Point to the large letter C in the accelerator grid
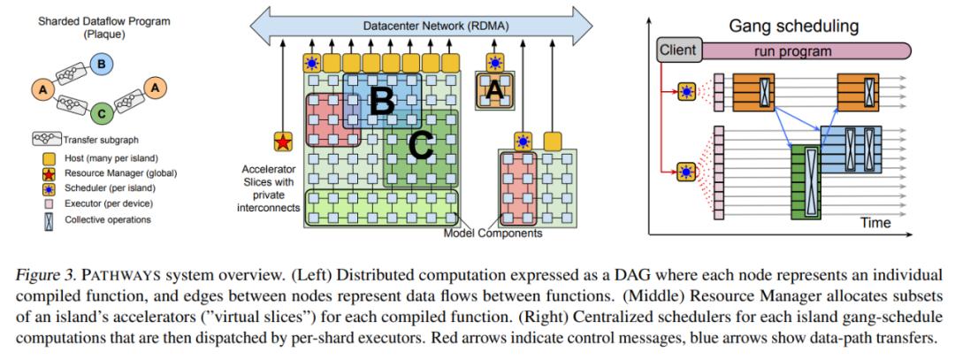pyautogui.click(x=421, y=146)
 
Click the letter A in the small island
pyautogui.click(x=496, y=90)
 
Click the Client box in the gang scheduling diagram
pyautogui.click(x=678, y=50)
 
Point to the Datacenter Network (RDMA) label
pyautogui.click(x=418, y=27)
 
